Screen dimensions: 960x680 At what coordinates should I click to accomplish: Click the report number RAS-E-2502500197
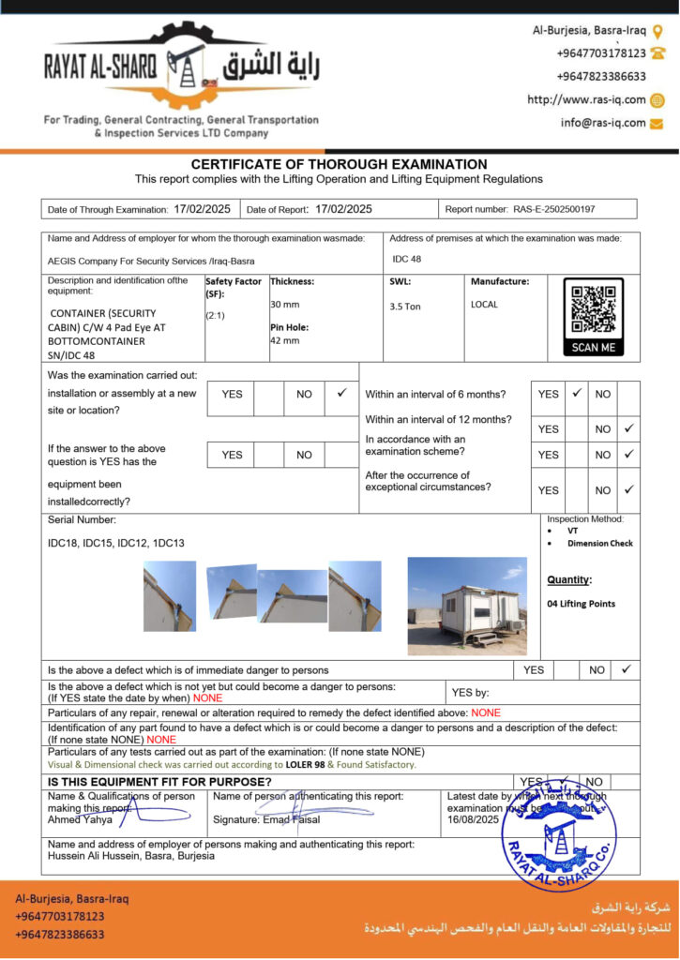[x=553, y=209]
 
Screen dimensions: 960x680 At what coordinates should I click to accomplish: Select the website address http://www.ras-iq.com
[x=586, y=100]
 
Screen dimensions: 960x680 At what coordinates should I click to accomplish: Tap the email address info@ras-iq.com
[x=603, y=123]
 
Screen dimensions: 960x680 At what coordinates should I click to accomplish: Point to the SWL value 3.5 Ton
[x=405, y=307]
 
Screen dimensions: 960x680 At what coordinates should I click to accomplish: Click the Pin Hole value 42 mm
[x=285, y=340]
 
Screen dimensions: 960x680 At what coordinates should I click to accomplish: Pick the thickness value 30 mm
[x=285, y=305]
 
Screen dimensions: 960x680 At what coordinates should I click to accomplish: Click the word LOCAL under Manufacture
[x=485, y=305]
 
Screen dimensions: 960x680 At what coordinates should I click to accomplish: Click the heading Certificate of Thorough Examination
[x=339, y=164]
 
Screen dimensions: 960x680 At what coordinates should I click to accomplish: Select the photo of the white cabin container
[x=467, y=607]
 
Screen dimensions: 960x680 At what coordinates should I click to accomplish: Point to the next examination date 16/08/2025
[x=473, y=818]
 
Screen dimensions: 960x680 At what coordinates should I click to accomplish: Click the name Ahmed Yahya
[x=80, y=819]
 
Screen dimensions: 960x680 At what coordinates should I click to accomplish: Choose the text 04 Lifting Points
[x=582, y=604]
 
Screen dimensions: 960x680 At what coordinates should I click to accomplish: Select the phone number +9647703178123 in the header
[x=601, y=53]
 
